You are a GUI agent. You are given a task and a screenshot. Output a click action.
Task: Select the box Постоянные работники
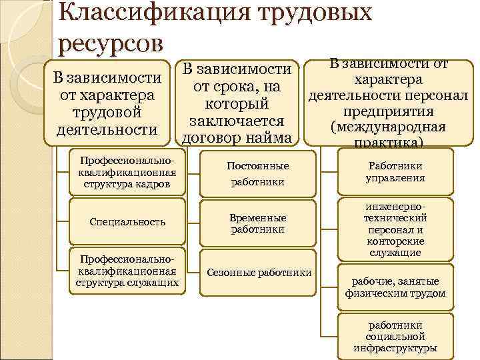point(257,173)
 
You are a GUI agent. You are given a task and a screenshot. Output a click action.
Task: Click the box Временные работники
point(257,223)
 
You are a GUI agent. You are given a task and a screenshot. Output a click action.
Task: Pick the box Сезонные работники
point(259,273)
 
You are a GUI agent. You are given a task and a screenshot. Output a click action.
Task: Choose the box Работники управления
point(395,172)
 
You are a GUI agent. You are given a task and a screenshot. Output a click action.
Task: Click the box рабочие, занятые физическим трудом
point(395,287)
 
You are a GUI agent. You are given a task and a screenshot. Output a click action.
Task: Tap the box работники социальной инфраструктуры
point(395,337)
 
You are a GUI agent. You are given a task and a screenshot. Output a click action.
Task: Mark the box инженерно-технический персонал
point(395,229)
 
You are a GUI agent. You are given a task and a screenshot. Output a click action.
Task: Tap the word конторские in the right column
point(395,241)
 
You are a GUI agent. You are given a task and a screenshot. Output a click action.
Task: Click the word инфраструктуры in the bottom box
point(395,348)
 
